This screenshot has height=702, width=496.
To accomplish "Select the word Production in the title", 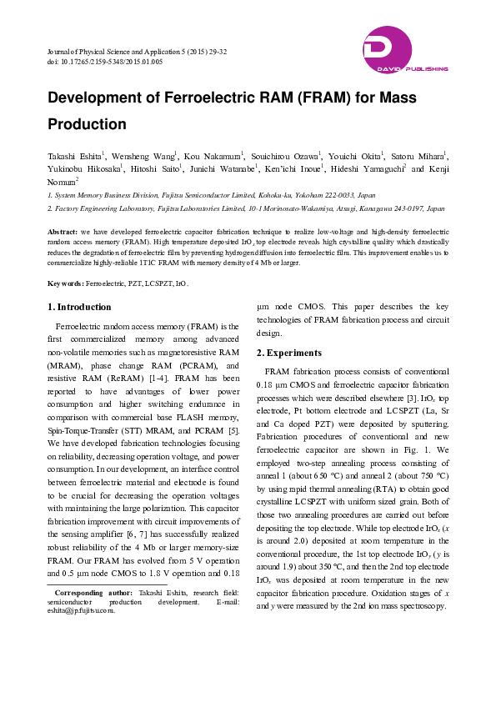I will coord(87,124).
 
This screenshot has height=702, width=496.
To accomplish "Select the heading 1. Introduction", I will coord(79,307).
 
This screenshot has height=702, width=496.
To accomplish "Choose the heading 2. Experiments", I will coord(288,353).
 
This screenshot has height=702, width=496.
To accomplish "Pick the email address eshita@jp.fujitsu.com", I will coord(80,609).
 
